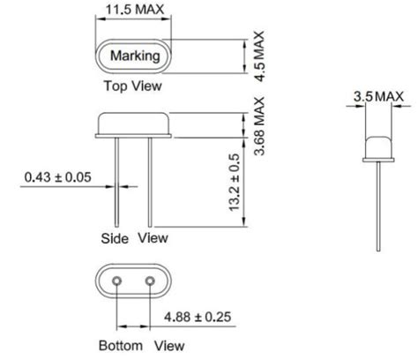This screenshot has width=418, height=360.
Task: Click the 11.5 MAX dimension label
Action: coord(135,11)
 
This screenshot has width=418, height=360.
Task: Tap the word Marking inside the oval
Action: coord(135,56)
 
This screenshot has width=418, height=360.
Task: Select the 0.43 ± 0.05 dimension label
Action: coord(57,176)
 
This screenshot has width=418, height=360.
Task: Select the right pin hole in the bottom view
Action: coord(150,281)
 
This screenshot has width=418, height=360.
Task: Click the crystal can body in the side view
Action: coord(134,124)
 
